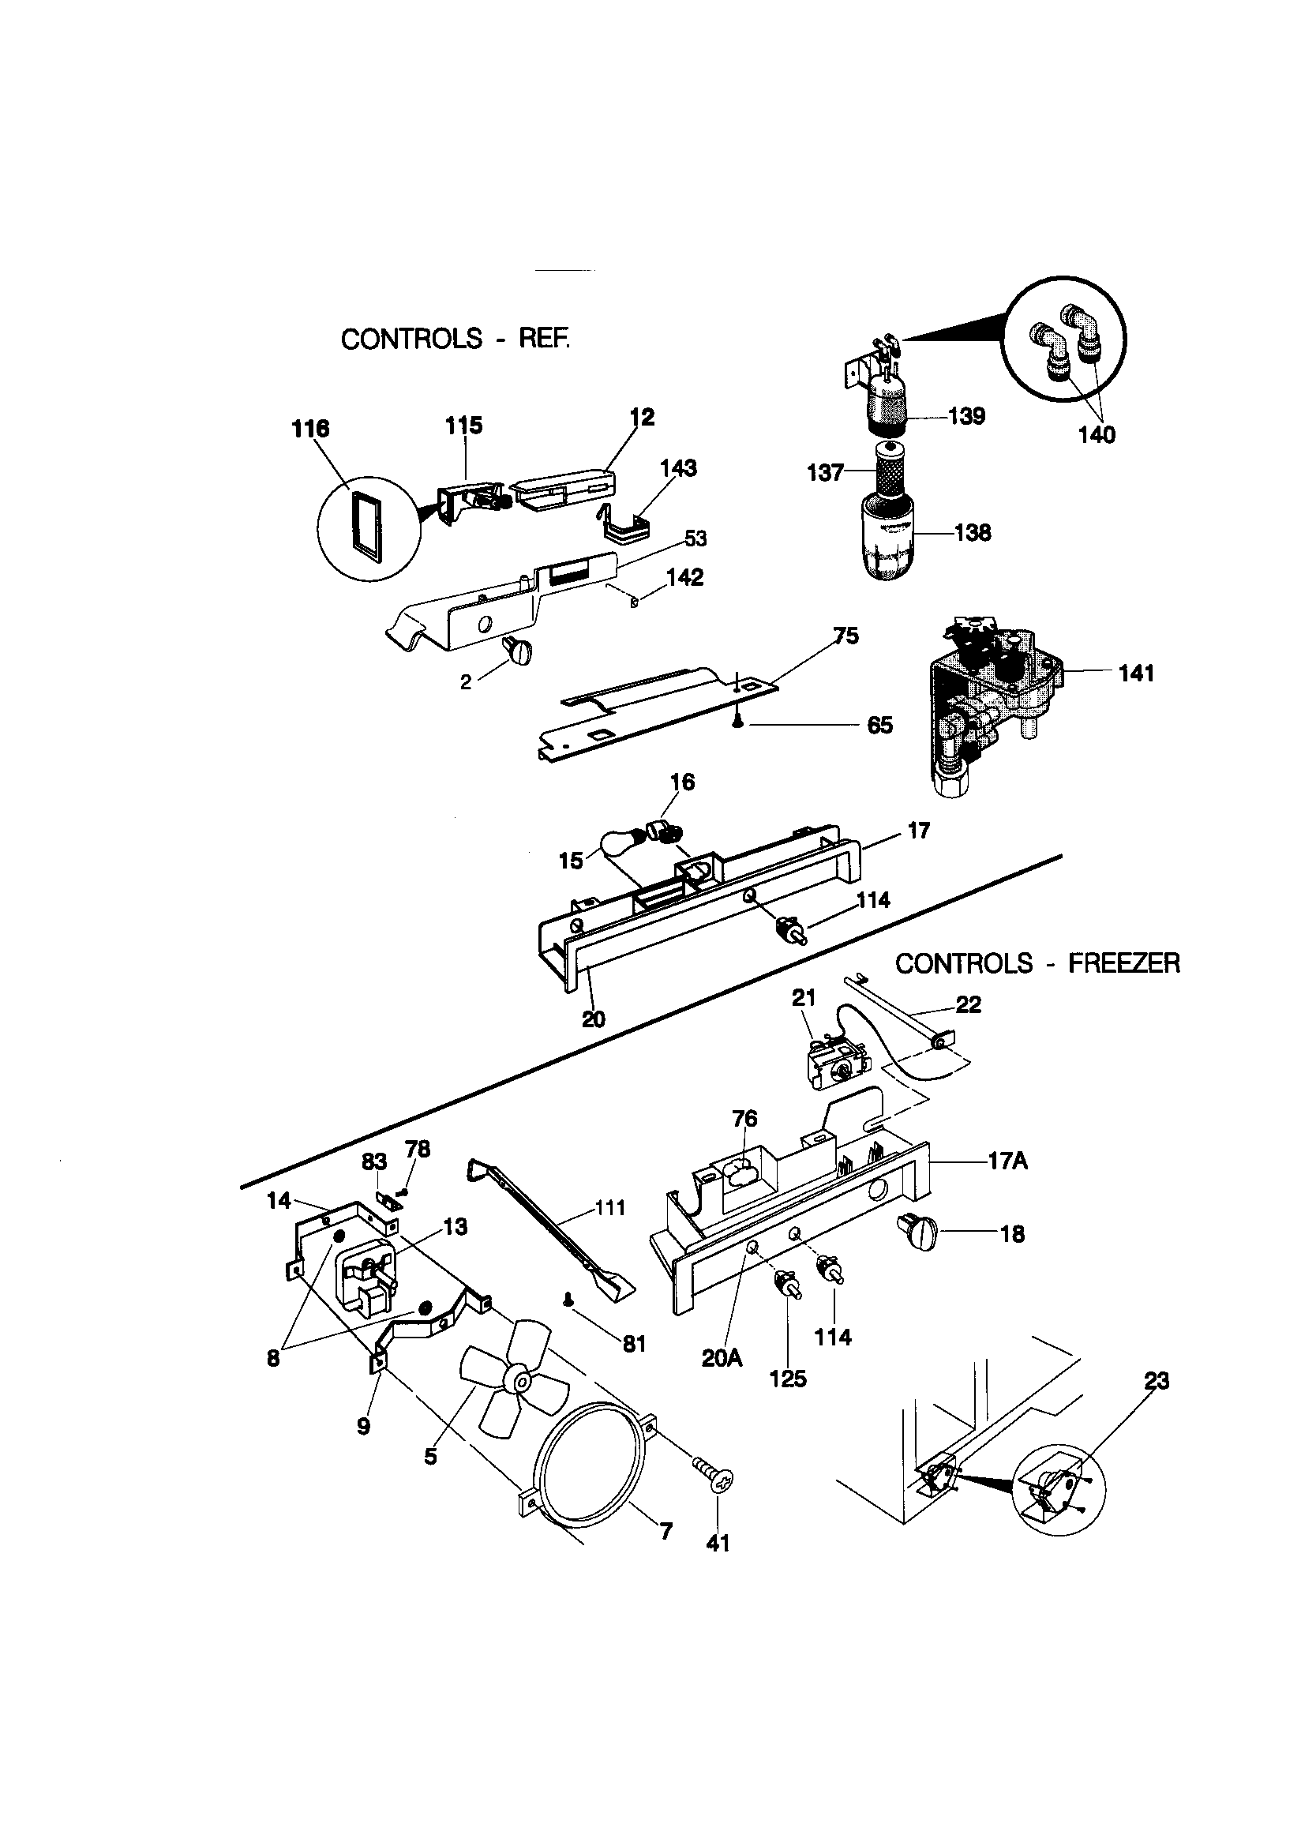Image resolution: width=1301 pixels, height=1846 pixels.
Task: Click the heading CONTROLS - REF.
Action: tap(455, 339)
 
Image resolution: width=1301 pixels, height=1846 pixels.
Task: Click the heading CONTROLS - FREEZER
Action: tap(1037, 962)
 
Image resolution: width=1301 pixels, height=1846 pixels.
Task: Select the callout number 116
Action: tap(310, 429)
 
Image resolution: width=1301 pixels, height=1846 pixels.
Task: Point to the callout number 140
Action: tap(1097, 435)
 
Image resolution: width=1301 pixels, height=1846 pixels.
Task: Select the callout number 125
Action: tap(787, 1379)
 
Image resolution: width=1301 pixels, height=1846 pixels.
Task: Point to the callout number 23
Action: tap(1157, 1380)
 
